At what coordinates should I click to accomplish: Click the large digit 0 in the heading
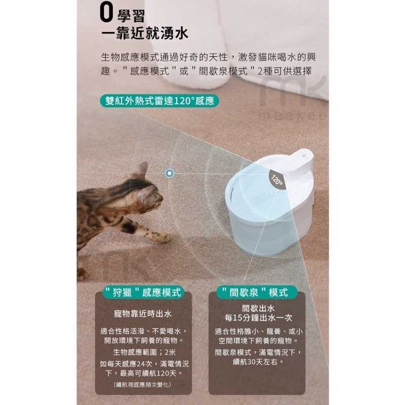[x=106, y=13]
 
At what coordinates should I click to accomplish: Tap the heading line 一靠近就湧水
[x=145, y=33]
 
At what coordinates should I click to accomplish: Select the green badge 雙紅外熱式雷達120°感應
[x=159, y=101]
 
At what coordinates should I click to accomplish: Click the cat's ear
[x=141, y=169]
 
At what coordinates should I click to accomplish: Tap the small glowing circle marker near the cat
[x=170, y=173]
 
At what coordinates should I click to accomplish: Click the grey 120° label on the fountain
[x=277, y=180]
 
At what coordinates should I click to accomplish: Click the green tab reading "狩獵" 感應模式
[x=144, y=293]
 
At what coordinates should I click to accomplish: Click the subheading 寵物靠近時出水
[x=143, y=314]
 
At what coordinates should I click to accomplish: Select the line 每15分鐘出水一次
[x=258, y=318]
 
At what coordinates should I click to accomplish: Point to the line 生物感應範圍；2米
[x=144, y=352]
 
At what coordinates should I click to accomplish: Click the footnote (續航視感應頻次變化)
[x=142, y=385]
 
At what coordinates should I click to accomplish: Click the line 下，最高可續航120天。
[x=144, y=373]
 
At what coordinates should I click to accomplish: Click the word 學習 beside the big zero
[x=131, y=16]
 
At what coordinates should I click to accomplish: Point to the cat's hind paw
[x=82, y=274]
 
